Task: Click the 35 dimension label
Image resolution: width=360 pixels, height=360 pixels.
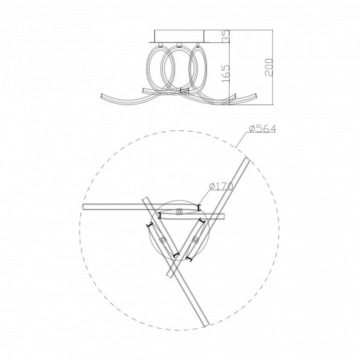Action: click(227, 36)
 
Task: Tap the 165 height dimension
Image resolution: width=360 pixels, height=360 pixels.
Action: click(226, 73)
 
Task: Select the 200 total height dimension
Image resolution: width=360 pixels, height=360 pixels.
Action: click(269, 67)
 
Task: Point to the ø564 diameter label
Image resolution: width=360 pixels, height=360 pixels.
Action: click(262, 129)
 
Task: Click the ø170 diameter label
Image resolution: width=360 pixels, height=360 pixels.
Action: click(221, 186)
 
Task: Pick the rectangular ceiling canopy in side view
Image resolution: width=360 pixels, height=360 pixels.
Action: click(179, 36)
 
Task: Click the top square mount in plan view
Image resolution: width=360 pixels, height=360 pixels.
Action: click(179, 211)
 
